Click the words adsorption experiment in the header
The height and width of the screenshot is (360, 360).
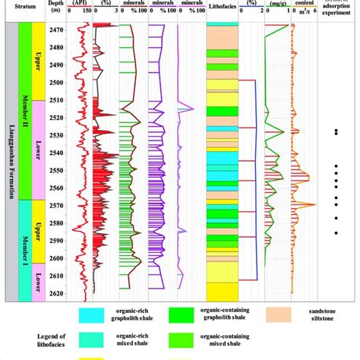coord(336,11)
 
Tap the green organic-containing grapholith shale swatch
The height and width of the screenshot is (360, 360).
coord(189,313)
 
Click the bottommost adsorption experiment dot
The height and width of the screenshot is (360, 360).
coord(336,232)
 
